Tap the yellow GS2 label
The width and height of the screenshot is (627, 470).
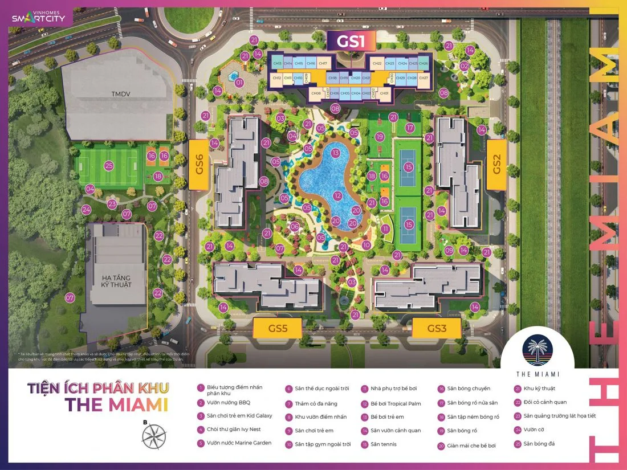tap(496, 164)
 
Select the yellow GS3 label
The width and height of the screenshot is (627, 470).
tap(436, 328)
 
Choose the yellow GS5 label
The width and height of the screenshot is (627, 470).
tap(277, 329)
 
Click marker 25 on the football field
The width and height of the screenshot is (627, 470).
tap(109, 166)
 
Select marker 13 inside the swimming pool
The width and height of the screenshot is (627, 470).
tap(335, 153)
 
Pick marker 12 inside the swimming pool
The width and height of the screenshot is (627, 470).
tap(337, 196)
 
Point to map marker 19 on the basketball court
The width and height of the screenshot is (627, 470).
tap(380, 137)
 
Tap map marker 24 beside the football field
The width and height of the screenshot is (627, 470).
tap(86, 210)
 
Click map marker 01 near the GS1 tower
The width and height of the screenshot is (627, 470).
tap(239, 83)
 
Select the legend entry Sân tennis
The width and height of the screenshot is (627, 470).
tap(384, 444)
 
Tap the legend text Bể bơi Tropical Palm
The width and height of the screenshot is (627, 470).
tap(396, 403)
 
